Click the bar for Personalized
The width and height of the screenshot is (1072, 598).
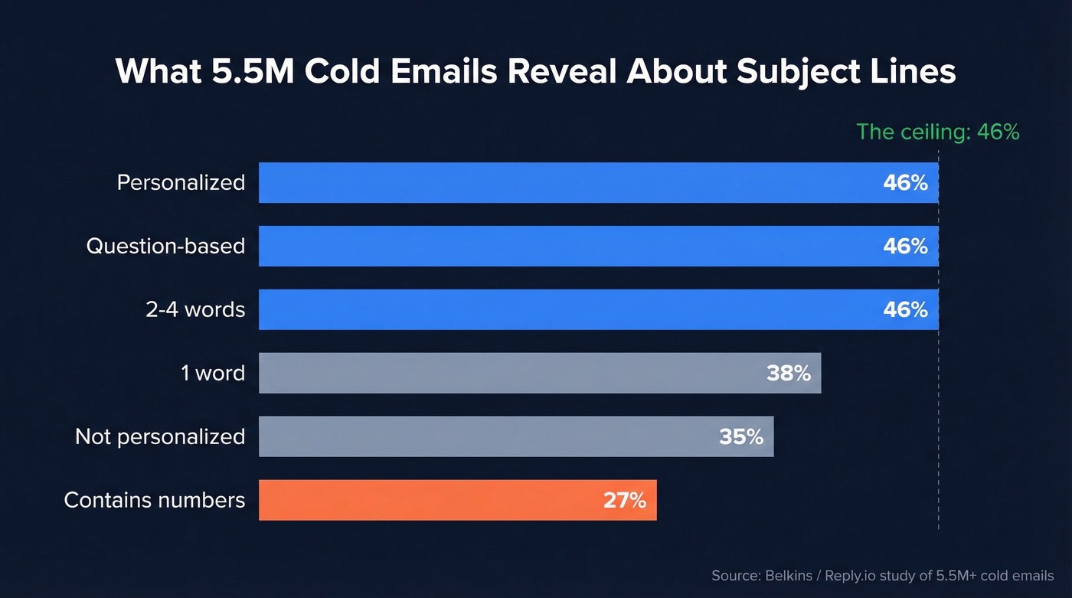tap(567, 182)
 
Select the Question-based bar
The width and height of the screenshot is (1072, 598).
tap(567, 246)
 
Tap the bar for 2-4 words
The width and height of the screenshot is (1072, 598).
tap(567, 309)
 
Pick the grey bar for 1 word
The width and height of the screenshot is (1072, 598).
tap(505, 373)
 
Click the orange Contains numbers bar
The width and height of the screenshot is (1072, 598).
tap(429, 500)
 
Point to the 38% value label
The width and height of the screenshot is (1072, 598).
tap(788, 373)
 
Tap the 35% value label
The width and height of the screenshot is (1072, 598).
tap(740, 436)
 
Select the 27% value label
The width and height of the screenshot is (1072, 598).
tap(624, 500)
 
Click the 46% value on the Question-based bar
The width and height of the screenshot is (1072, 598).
tap(905, 246)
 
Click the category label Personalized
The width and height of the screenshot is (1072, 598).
tap(181, 182)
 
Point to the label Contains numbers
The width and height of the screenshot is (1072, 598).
tap(155, 500)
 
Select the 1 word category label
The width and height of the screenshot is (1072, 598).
tap(213, 373)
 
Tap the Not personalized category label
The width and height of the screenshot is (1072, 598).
tap(160, 436)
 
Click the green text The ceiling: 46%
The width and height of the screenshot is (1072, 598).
tap(937, 132)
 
